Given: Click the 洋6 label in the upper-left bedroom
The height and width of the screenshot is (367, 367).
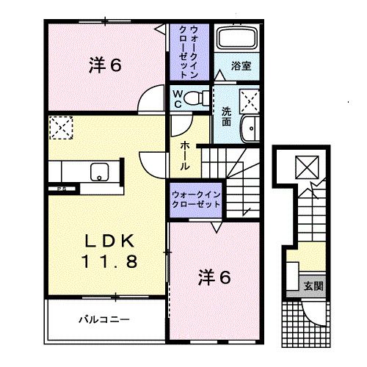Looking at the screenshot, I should [106, 66].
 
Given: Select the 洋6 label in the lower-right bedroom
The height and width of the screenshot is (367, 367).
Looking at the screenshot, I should [215, 277].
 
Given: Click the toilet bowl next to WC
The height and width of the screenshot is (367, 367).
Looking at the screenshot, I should [195, 98].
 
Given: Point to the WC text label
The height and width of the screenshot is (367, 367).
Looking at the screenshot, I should [178, 98].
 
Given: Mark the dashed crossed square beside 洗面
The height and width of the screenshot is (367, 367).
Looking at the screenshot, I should [249, 98].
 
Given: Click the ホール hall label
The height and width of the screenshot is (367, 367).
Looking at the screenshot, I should [186, 151].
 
